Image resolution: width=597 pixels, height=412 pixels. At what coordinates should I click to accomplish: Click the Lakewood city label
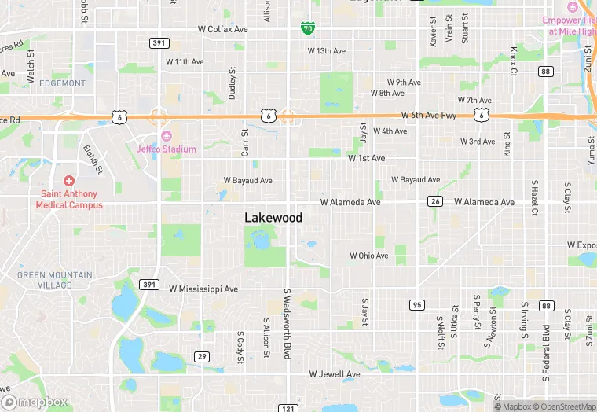pos(273,217)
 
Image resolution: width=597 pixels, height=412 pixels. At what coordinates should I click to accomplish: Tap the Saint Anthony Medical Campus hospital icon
pos(69,181)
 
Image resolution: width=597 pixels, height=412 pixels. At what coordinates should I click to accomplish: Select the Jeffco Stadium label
pos(166,149)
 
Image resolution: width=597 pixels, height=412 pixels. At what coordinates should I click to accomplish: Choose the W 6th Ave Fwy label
pos(428,115)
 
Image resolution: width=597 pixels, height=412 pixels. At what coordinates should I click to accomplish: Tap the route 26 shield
pos(434,202)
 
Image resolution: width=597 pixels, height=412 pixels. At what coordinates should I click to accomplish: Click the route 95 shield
pos(416,304)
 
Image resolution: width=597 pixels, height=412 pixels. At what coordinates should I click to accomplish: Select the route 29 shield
pos(202,356)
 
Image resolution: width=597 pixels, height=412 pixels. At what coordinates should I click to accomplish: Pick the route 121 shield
pos(288,407)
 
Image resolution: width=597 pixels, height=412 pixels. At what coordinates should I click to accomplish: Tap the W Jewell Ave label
pos(334,374)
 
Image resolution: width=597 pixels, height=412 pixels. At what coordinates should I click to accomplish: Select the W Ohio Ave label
pos(368,256)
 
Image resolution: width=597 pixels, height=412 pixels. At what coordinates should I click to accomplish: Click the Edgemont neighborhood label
pos(62,83)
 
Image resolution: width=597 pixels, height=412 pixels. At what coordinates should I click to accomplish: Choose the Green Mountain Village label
pos(55,280)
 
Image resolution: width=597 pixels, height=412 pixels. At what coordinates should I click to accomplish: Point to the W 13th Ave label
pos(326,51)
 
